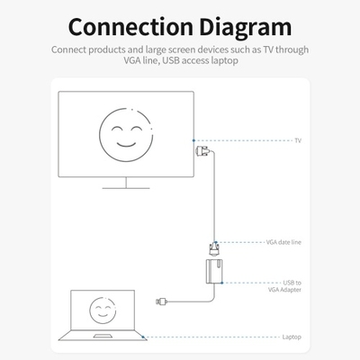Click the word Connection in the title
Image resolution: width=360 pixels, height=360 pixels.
click(130, 27)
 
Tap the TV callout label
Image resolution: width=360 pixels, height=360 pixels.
click(298, 140)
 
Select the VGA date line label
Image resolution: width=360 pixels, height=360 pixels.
click(283, 242)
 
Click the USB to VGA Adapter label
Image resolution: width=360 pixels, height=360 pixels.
click(284, 286)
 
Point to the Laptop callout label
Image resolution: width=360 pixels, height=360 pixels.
click(292, 337)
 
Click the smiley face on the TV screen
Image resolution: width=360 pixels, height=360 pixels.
click(126, 135)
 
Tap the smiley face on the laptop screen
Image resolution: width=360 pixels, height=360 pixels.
click(103, 310)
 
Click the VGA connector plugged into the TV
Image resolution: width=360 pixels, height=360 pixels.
click(202, 151)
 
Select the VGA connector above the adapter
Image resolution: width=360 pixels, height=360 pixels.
click(214, 249)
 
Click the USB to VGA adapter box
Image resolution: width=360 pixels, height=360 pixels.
click(214, 272)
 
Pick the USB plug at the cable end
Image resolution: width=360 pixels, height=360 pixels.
click(161, 301)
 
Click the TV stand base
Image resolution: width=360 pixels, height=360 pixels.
click(126, 188)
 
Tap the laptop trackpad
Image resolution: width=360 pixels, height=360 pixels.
click(103, 336)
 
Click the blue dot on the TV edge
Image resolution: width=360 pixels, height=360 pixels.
click(193, 140)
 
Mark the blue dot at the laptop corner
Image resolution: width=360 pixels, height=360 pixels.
click(143, 337)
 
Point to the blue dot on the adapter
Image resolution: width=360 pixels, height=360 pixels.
click(221, 283)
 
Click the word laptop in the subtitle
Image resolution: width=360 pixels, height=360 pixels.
click(224, 60)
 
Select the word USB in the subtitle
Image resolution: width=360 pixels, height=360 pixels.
click(171, 60)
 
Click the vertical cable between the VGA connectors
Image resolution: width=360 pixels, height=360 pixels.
click(214, 196)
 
